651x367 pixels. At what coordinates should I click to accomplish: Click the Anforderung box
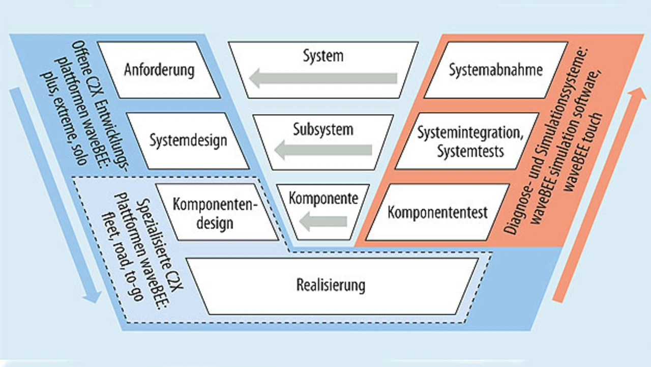click(x=159, y=70)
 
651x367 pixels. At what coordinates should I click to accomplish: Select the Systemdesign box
click(x=188, y=140)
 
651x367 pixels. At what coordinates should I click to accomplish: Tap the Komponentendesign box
click(x=217, y=212)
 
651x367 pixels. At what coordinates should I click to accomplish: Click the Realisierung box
click(x=331, y=286)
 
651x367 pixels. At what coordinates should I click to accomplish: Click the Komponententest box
click(x=437, y=212)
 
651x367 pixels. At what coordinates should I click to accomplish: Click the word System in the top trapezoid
click(x=323, y=55)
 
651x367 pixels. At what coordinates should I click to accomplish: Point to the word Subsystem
click(x=323, y=129)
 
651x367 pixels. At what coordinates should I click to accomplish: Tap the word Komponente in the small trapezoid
click(x=323, y=198)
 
